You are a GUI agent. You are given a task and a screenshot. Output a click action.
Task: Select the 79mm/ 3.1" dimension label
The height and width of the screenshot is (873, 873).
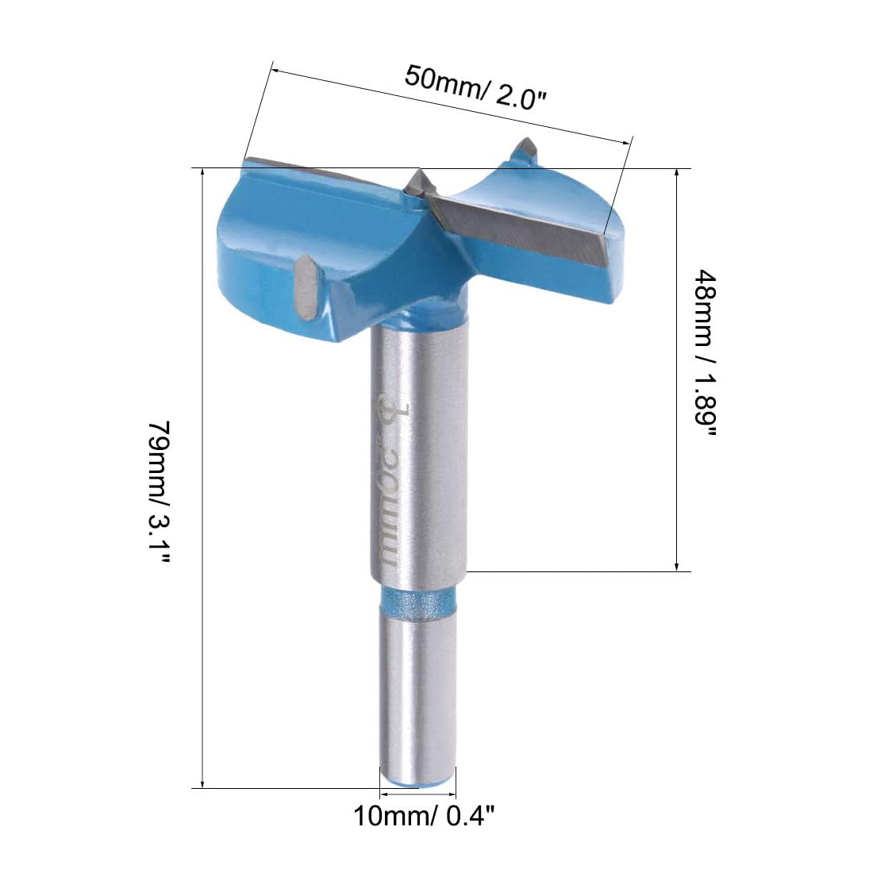(x=160, y=492)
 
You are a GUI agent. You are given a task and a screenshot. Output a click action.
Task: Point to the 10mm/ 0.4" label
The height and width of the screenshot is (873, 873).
(x=424, y=817)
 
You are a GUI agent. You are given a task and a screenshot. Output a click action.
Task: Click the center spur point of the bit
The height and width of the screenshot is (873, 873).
(x=419, y=181)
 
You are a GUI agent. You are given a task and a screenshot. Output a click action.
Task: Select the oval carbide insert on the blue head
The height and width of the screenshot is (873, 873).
(x=306, y=287)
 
